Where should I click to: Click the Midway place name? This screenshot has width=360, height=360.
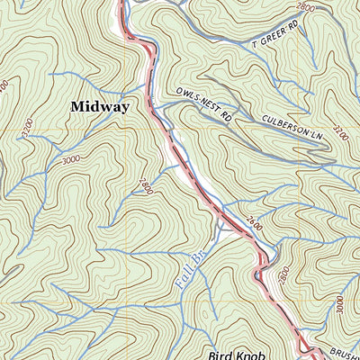100,106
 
